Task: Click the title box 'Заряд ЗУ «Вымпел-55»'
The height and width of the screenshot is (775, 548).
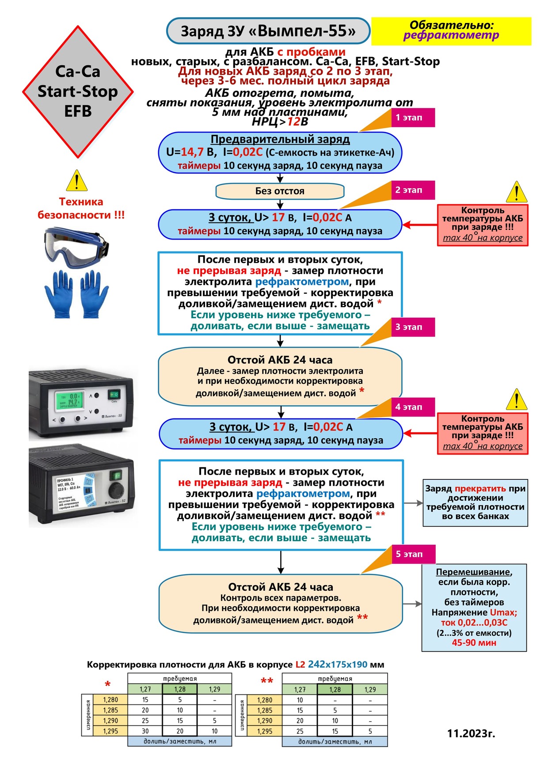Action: coord(268,31)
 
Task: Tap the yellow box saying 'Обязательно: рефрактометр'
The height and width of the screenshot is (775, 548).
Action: coord(451,31)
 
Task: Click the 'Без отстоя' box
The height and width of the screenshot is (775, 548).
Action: coord(280,191)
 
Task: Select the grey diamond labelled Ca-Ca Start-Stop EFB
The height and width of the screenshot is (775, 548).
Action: coord(78,91)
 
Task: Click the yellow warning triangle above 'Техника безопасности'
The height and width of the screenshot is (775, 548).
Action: coord(77,181)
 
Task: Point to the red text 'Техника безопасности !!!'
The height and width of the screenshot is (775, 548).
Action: coord(81,208)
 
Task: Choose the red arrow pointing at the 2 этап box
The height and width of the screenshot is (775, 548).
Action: coord(419,225)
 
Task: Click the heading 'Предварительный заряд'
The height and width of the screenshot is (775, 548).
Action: coord(280,139)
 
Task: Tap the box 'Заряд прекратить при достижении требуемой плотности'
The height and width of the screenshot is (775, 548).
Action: coord(475,502)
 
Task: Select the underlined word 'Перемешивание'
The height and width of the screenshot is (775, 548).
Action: coord(474,572)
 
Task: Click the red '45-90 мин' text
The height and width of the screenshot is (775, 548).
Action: coord(474,642)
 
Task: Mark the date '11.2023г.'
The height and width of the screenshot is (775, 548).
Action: coord(471,733)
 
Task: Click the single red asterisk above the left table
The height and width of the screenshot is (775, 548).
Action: coord(107,684)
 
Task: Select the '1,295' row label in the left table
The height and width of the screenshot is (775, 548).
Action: coord(110,731)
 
